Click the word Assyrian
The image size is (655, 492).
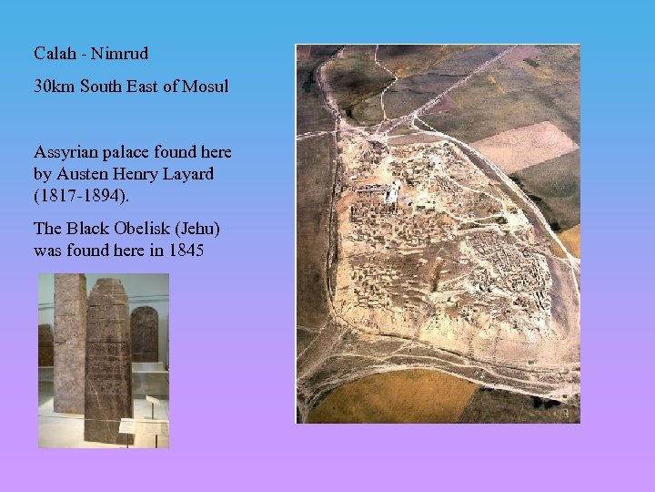pos(65,151)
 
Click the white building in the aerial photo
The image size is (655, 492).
pos(392,192)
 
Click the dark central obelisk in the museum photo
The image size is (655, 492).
pos(107,364)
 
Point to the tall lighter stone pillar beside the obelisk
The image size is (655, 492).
pos(69,346)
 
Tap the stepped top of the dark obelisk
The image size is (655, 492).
pos(107,287)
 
